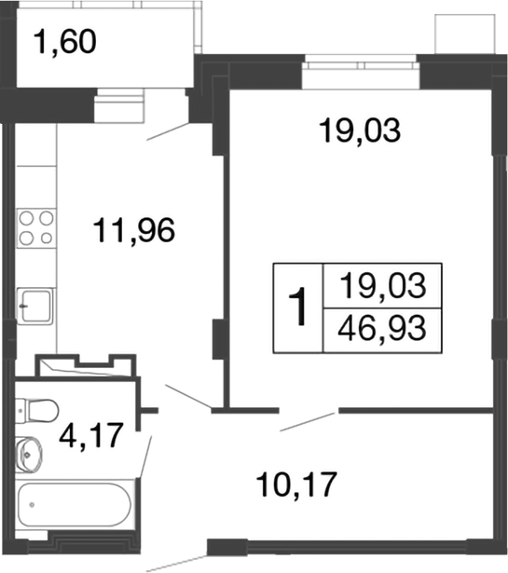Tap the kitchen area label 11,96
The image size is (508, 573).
[134, 229]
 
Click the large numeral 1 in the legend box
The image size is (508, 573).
[297, 308]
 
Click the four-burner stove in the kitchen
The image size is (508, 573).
[35, 227]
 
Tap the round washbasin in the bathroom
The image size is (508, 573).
[31, 455]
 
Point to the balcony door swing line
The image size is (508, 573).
[169, 131]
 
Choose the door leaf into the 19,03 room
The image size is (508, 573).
[309, 421]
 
